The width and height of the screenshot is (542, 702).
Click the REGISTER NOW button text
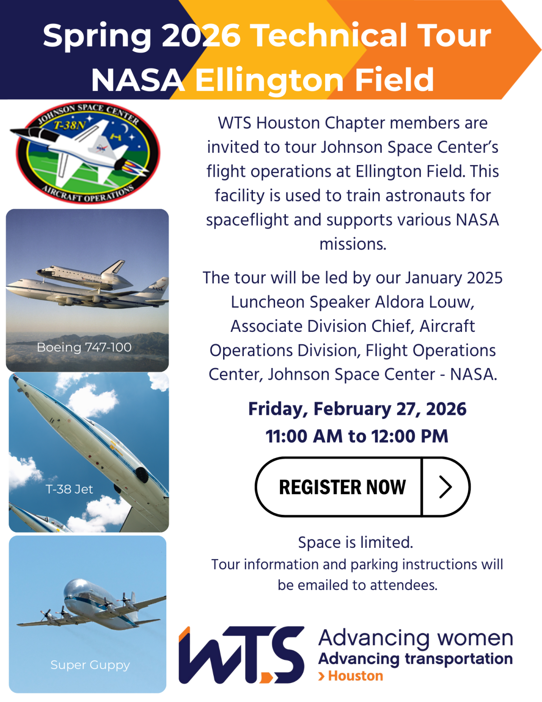342,487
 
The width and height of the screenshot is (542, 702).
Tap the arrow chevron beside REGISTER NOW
445,487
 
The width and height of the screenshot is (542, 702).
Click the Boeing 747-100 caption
84,347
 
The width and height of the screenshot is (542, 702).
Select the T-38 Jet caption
69,489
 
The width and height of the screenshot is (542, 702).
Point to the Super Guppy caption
90,665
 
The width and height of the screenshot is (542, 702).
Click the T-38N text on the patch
70,125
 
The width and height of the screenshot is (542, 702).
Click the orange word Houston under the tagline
355,676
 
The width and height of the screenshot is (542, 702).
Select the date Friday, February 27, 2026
357,409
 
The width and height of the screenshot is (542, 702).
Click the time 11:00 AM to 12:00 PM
357,436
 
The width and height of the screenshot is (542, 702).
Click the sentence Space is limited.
355,542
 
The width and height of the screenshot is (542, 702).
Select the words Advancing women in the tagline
416,638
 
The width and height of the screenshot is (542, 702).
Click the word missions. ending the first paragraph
353,244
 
